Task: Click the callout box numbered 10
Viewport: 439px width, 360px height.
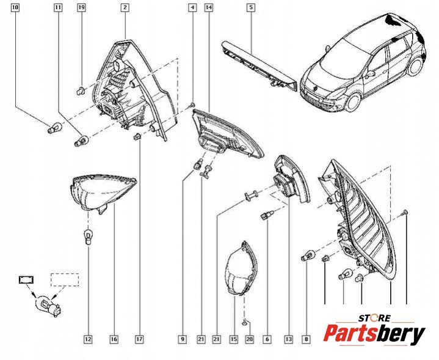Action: [x=15, y=7]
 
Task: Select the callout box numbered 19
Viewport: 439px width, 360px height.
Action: [x=81, y=7]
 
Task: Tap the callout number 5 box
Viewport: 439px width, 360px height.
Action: [x=251, y=7]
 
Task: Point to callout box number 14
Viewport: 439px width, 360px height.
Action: [x=209, y=7]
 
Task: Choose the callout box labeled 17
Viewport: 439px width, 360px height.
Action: [x=139, y=339]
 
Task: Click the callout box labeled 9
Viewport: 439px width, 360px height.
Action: [x=183, y=339]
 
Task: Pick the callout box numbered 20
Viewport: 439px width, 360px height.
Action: [x=249, y=339]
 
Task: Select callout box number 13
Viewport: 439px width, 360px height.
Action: [x=289, y=339]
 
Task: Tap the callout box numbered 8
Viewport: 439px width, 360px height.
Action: [x=307, y=339]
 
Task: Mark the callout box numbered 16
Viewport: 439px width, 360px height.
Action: [x=114, y=339]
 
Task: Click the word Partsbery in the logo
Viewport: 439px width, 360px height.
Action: [x=374, y=334]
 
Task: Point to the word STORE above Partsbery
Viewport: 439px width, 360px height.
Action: [x=375, y=318]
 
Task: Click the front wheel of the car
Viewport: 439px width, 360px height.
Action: [x=354, y=101]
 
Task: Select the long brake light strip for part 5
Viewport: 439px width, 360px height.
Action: [x=259, y=65]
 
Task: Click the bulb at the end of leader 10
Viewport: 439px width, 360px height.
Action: [x=53, y=129]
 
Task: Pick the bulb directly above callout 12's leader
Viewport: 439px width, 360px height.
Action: [x=88, y=237]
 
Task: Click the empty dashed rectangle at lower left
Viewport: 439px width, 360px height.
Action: [x=65, y=279]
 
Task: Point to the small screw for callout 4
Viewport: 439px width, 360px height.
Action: [x=192, y=105]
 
